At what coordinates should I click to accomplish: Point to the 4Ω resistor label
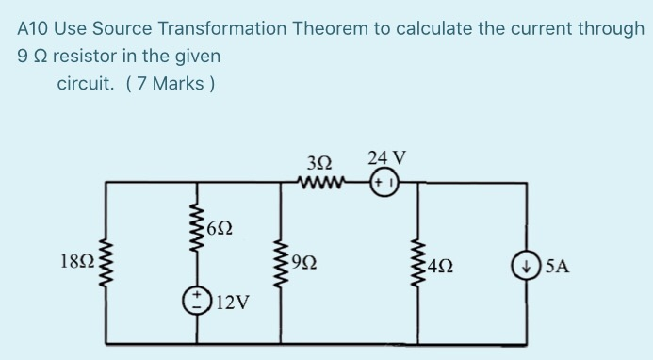click(x=440, y=267)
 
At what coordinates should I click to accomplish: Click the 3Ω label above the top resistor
click(x=317, y=160)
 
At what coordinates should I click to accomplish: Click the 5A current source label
click(x=557, y=267)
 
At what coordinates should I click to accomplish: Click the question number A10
click(x=35, y=28)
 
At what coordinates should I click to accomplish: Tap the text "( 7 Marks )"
click(x=171, y=84)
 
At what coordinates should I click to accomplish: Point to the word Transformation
click(x=230, y=28)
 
